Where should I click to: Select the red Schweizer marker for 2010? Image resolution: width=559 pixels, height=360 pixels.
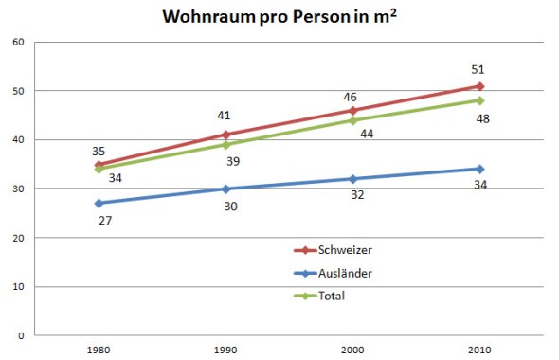tap(480, 86)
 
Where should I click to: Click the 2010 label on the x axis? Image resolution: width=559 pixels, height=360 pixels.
tap(480, 349)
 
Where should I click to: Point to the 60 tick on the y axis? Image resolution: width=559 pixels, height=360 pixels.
tap(17, 42)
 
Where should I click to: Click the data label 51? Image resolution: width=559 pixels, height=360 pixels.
tap(478, 69)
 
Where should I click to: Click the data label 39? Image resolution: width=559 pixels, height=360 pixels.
tap(232, 161)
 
